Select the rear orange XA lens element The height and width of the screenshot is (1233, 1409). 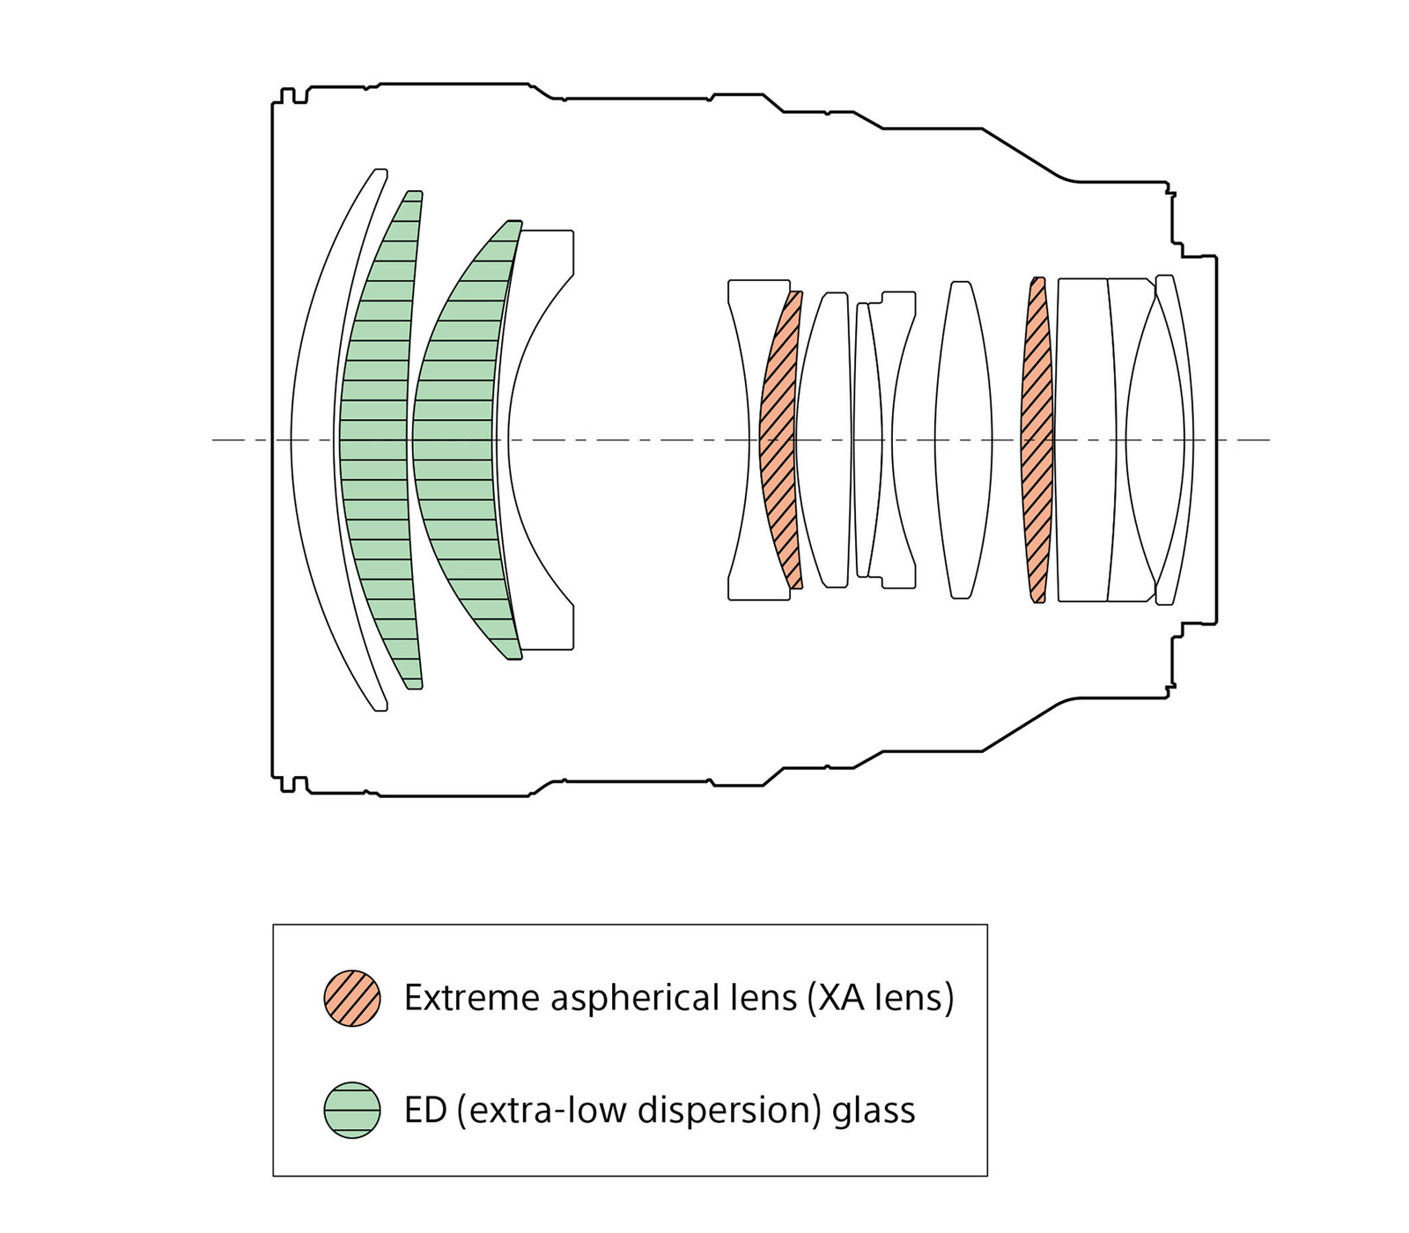pos(1036,440)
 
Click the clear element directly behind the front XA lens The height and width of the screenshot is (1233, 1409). pos(823,440)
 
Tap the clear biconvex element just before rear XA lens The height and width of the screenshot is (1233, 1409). pos(963,440)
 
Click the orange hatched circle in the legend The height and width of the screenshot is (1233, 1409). pos(352,998)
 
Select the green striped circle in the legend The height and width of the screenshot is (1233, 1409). pos(352,1110)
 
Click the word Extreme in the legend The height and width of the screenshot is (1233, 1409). pos(471,998)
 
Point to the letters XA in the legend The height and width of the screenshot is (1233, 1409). pos(841,998)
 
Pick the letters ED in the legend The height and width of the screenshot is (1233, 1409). pos(424,1111)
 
